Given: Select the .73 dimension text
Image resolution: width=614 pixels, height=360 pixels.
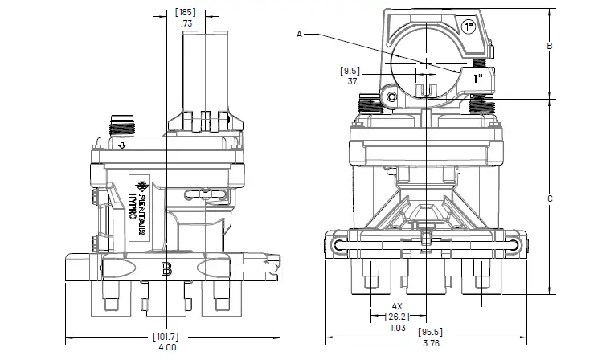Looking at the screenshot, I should pos(186,25).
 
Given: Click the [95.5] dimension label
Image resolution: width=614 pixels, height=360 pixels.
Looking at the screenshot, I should pos(430,332).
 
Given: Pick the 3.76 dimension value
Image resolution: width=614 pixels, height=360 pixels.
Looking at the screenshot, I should pos(430,342).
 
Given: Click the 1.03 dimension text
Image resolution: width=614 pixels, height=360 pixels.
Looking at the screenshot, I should pos(397,327).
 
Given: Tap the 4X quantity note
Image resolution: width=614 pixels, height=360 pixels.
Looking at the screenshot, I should pos(397,306).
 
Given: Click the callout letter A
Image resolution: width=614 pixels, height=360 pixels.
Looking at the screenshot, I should pos(300,34).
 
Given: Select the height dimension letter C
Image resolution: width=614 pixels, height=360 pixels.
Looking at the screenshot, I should pos(549,198).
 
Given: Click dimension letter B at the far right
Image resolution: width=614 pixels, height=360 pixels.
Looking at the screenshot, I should pos(549,47).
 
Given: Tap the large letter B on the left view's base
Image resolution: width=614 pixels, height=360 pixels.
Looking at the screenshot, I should pos(166,269).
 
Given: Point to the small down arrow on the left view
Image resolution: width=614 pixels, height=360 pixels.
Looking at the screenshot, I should pos(121,146).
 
